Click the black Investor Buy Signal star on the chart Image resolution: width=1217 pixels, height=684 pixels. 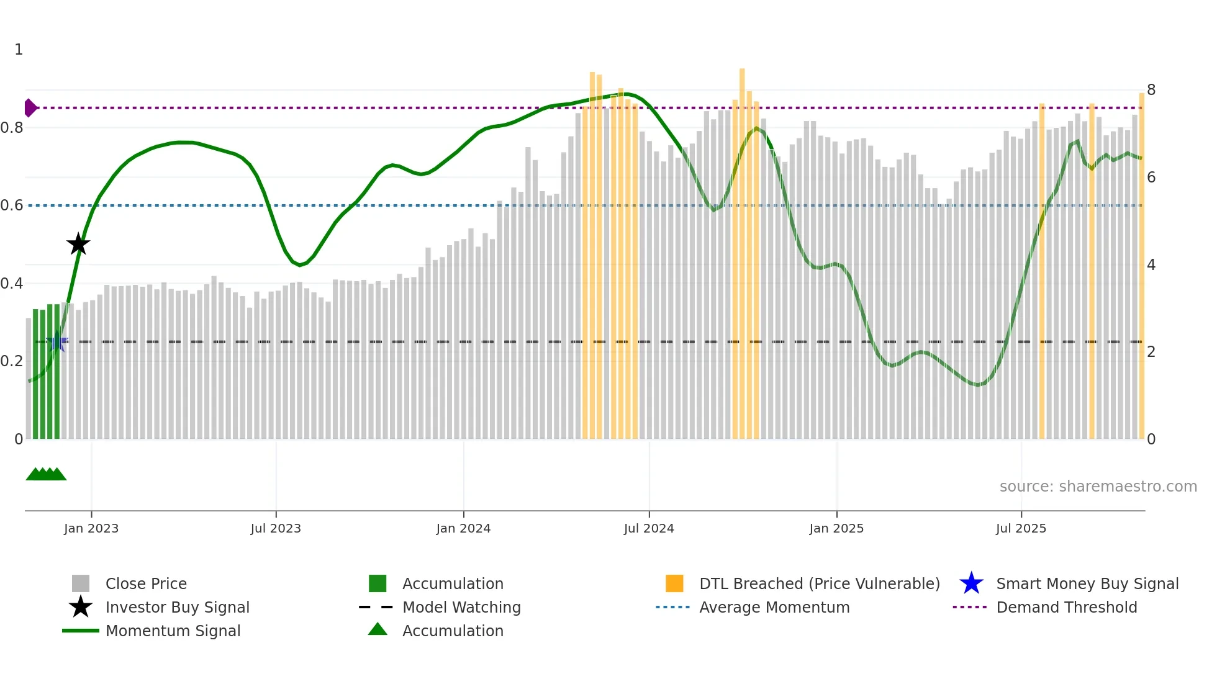78,244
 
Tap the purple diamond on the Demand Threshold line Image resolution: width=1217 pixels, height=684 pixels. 30,108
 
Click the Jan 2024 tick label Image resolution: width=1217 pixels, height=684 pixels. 463,528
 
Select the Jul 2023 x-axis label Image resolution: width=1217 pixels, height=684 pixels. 276,528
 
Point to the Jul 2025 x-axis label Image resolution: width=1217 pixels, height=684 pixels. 1021,528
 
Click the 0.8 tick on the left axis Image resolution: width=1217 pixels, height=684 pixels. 12,128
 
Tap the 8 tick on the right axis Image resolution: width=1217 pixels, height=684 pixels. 1151,90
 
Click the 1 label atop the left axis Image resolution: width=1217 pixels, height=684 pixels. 19,50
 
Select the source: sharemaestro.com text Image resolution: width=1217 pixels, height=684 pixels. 1098,487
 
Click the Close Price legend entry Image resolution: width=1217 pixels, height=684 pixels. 146,584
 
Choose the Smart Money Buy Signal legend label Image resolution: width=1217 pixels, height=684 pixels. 1087,584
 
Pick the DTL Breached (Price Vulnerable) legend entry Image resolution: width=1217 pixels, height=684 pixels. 819,584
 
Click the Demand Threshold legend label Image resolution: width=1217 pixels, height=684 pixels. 1066,608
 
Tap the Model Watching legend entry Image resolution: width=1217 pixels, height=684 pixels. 461,608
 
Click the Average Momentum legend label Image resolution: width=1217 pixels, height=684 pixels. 774,608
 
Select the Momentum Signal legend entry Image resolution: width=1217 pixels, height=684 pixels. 173,631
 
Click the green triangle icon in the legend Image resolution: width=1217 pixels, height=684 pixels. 378,629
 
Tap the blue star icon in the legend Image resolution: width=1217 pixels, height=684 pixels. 971,583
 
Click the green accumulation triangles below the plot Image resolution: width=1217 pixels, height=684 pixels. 46,474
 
